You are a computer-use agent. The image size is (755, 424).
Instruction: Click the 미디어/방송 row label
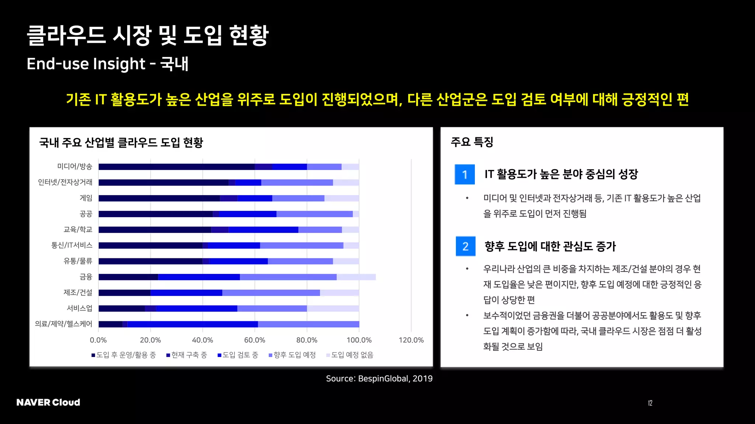(75, 166)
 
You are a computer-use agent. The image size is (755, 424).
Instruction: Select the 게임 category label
(86, 198)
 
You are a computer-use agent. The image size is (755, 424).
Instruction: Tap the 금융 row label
(86, 277)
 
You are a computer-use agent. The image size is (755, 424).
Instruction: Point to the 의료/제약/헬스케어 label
(64, 324)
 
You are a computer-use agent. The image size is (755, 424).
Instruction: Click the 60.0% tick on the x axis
(254, 340)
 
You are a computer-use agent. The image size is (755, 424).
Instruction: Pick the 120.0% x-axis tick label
(411, 340)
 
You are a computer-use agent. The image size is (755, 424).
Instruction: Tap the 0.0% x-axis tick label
(98, 340)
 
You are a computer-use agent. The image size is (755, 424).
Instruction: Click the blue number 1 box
(465, 174)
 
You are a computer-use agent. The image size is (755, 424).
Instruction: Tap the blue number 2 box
(465, 246)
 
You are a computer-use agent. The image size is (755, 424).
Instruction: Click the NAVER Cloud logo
(48, 402)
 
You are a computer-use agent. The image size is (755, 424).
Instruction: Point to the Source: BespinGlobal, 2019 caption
(379, 378)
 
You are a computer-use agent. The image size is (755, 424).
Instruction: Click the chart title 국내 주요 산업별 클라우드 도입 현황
(121, 142)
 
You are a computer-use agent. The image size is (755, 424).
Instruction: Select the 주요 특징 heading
(472, 142)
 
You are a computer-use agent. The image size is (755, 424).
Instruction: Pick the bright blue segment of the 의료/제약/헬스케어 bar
(192, 324)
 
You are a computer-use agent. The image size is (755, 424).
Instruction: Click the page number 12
(650, 403)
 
